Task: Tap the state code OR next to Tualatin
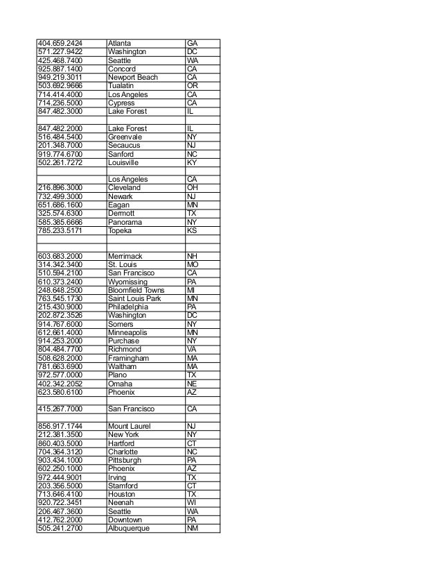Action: (x=192, y=86)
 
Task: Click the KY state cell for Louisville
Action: (x=192, y=162)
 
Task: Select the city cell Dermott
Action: (x=121, y=214)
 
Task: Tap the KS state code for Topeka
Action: (x=192, y=230)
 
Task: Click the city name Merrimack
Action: (x=125, y=256)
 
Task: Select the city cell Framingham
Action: (x=128, y=358)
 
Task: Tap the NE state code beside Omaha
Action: (x=192, y=384)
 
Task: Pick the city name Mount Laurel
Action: (x=130, y=426)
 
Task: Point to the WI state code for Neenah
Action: (x=192, y=502)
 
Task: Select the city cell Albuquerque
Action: (x=129, y=528)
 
